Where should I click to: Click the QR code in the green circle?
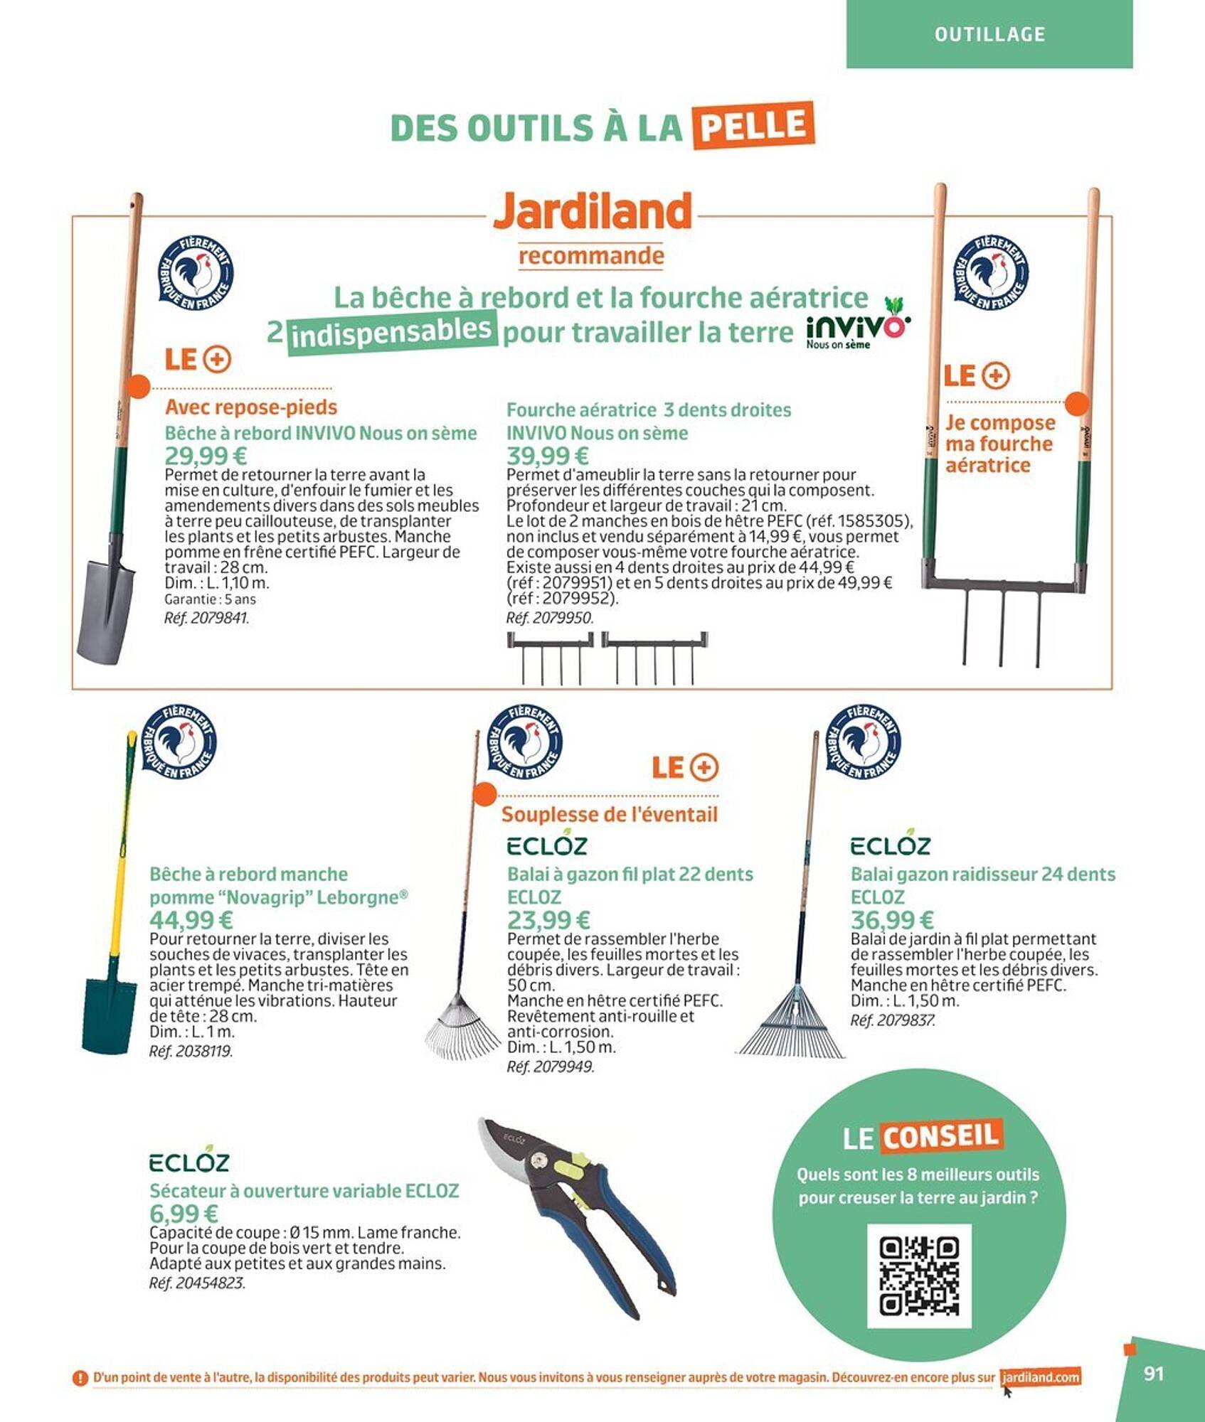919,1276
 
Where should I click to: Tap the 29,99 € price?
206,456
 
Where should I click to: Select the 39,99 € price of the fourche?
547,456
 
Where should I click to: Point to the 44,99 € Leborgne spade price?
191,920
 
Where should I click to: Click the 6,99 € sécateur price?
184,1214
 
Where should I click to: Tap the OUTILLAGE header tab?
989,34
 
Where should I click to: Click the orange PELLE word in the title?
753,126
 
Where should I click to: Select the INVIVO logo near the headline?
858,330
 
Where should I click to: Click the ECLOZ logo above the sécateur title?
189,1162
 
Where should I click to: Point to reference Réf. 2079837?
892,1020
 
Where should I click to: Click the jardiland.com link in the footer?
1040,1377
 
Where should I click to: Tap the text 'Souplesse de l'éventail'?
609,815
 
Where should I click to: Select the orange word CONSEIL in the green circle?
940,1135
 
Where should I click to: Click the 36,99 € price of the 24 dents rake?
891,920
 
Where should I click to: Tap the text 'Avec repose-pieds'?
251,407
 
